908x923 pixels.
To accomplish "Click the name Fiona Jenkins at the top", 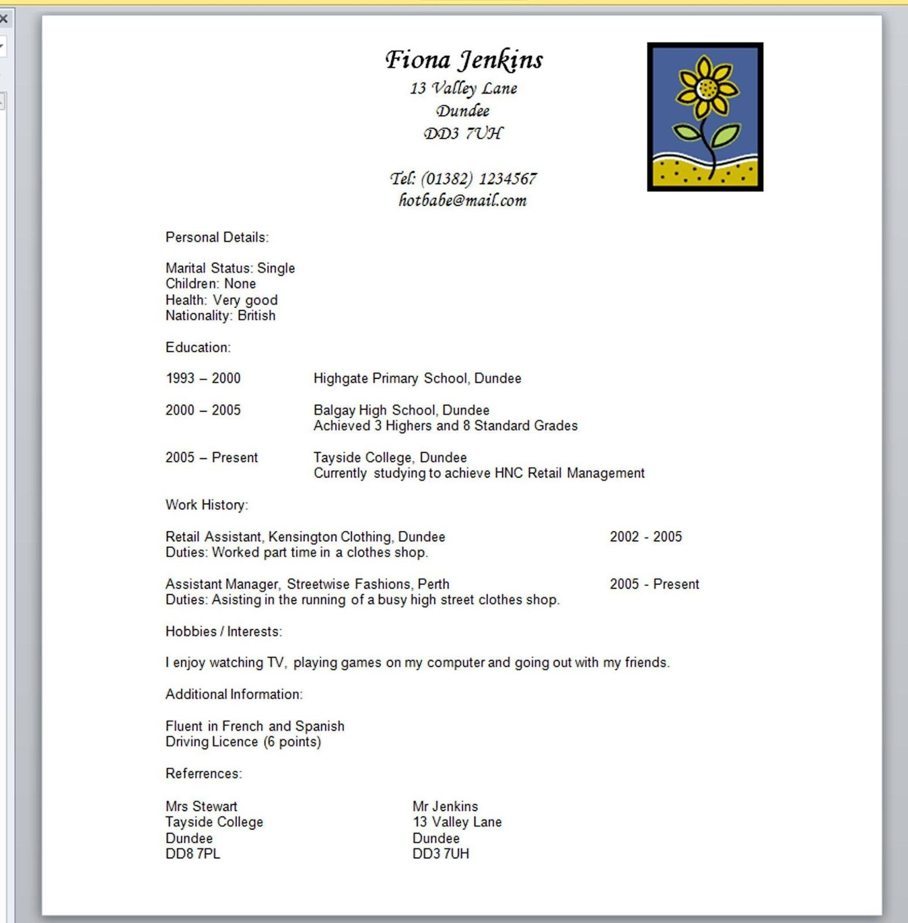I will click(x=464, y=60).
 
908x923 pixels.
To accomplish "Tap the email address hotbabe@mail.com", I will click(x=463, y=201).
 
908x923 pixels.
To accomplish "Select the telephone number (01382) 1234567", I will click(x=478, y=179).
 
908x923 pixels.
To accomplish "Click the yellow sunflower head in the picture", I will click(x=706, y=88).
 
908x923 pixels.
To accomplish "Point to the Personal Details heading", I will click(x=217, y=238).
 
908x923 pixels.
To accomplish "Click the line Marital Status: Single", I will click(x=230, y=268).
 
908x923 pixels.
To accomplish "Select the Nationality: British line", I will click(x=220, y=316).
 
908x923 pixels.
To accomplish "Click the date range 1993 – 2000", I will click(x=203, y=378).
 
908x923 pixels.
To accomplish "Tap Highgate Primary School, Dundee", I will click(x=417, y=378).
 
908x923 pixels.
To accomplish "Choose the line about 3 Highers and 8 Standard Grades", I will click(x=445, y=426).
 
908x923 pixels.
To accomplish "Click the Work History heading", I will click(x=207, y=505).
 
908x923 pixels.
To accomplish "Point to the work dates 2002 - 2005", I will click(x=646, y=537).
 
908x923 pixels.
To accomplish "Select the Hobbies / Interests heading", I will click(x=224, y=632).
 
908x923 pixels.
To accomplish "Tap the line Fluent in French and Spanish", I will click(x=254, y=726).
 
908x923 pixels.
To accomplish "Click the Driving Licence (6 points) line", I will click(x=243, y=742).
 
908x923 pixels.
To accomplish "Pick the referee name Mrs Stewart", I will click(x=201, y=806).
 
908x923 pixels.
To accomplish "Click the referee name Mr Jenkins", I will click(x=445, y=806).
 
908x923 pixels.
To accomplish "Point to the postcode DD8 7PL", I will click(x=193, y=854).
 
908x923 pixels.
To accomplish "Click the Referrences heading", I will click(x=204, y=774).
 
